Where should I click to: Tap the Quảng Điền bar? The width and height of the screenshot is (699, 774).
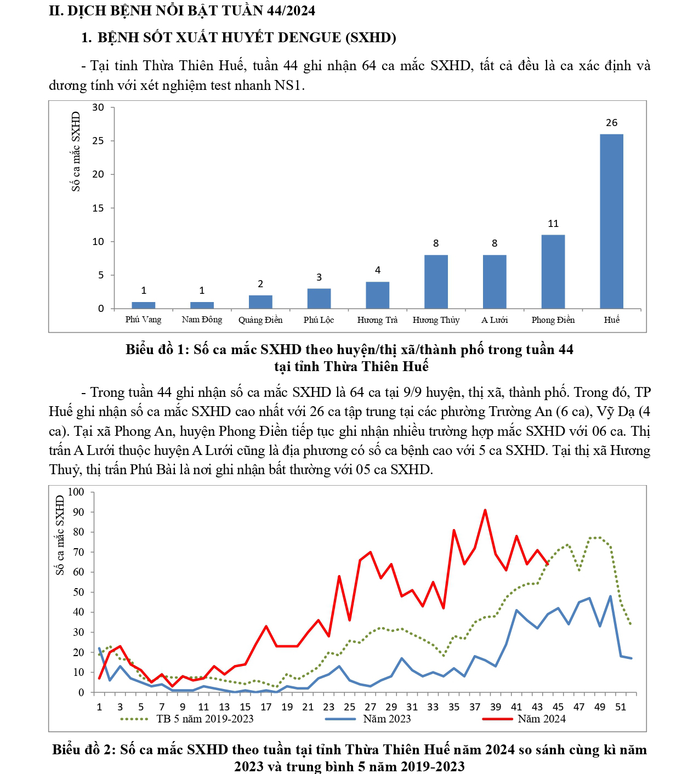click(260, 302)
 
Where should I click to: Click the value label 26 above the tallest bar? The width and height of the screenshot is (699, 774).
click(612, 123)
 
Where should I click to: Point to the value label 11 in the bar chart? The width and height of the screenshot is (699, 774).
click(553, 224)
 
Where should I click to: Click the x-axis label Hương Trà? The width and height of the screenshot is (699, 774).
click(377, 320)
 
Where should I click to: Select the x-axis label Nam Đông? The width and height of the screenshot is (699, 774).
click(202, 320)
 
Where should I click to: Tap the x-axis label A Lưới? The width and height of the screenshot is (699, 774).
click(495, 320)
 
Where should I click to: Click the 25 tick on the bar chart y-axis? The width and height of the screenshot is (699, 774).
click(98, 141)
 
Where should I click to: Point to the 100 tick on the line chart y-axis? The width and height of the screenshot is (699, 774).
click(76, 492)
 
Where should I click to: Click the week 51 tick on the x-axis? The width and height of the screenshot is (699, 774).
click(621, 707)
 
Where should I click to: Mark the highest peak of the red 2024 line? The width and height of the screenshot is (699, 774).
click(485, 510)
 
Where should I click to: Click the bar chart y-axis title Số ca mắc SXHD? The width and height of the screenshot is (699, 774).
click(76, 151)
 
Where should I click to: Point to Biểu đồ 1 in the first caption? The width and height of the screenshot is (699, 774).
click(156, 350)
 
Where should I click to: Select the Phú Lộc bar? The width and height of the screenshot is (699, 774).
click(319, 298)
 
